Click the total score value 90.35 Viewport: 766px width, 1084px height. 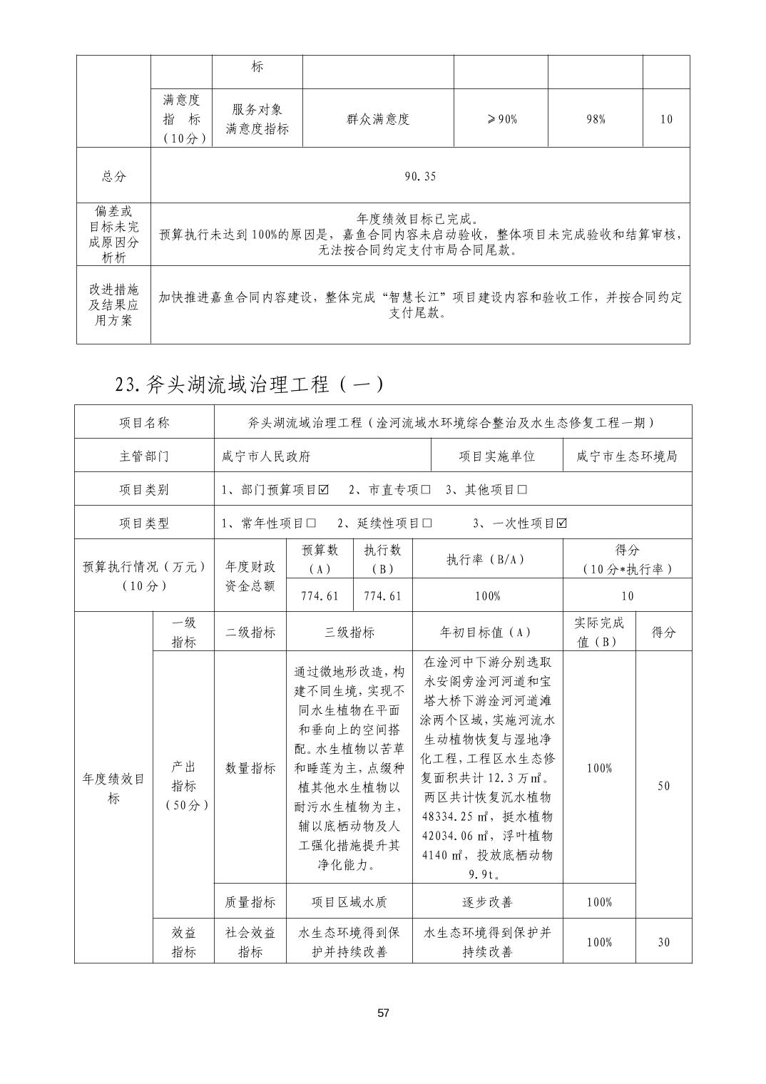pos(420,176)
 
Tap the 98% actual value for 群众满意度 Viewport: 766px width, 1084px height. pos(596,119)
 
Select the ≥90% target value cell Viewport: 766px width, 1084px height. pos(501,119)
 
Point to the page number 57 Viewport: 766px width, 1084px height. pos(384,1013)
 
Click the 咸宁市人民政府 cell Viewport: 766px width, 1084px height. pos(266,456)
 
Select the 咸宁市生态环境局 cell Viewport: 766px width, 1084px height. pos(627,456)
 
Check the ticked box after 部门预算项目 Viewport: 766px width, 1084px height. pos(324,490)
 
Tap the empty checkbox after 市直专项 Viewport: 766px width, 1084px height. pos(425,490)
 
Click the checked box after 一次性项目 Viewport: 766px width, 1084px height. pos(562,523)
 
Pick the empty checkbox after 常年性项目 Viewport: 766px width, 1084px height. pos(311,523)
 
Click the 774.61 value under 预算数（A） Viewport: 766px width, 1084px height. pos(320,595)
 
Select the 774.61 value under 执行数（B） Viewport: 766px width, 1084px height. pos(383,595)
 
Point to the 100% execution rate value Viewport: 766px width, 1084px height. pos(487,595)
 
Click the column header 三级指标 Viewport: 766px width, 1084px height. pos(349,632)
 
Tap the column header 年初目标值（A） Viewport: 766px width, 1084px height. pos(487,632)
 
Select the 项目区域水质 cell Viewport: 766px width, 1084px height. pos(349,902)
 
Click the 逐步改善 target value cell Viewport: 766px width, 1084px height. pos(487,902)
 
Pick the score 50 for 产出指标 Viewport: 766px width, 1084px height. pos(663,785)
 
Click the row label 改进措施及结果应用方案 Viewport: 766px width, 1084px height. pos(114,305)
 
